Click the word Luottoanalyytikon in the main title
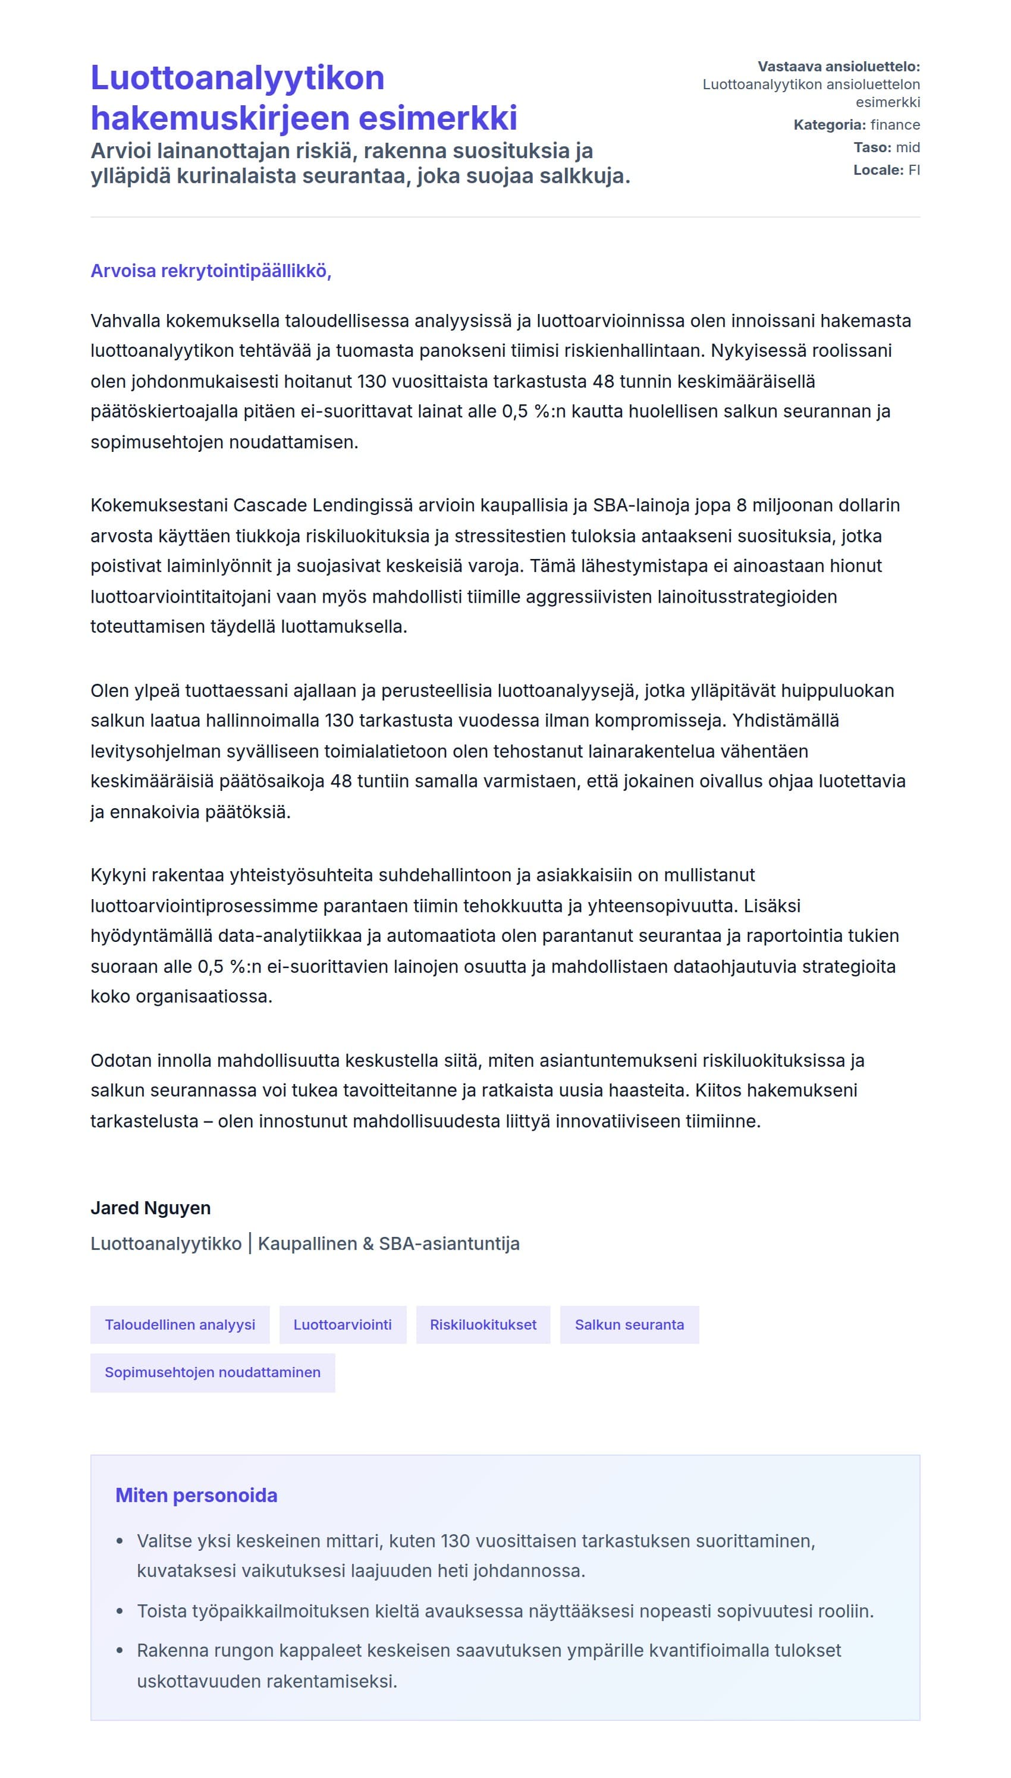coord(237,78)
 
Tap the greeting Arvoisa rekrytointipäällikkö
coord(211,271)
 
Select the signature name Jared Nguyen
coord(150,1207)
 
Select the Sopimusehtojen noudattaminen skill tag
coord(212,1372)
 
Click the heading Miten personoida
coord(196,1495)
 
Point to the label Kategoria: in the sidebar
coord(829,125)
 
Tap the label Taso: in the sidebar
coord(872,147)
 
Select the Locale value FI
coord(914,170)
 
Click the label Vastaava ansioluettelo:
coord(838,67)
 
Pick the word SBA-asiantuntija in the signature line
coord(448,1243)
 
